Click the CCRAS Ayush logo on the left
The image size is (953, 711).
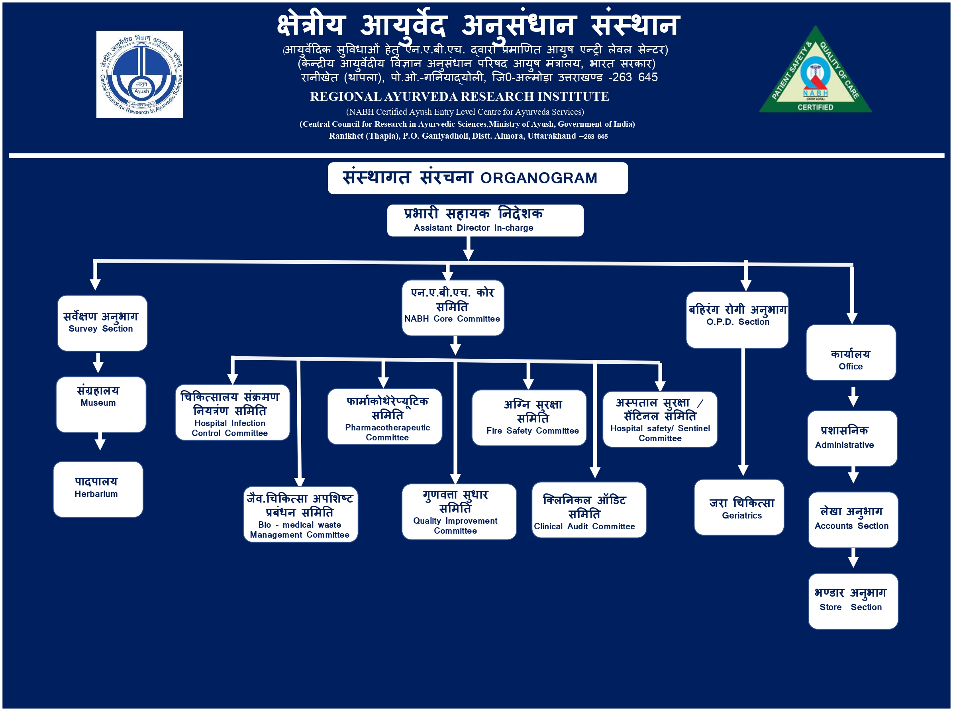[x=139, y=74]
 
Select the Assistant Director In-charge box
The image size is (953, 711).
[x=485, y=220]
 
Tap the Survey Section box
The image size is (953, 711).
[x=102, y=323]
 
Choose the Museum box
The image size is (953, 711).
[x=101, y=404]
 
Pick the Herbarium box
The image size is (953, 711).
[x=98, y=489]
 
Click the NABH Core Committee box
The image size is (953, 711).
[x=452, y=308]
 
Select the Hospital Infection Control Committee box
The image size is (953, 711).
[x=232, y=412]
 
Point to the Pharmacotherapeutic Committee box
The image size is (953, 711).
[x=384, y=416]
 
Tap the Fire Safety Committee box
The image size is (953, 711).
[x=529, y=418]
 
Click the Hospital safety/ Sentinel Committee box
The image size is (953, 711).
[x=660, y=419]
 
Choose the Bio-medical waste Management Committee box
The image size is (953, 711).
[x=300, y=514]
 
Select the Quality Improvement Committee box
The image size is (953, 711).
[x=459, y=511]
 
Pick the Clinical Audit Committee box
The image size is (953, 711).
[x=588, y=510]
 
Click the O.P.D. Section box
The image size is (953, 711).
[x=737, y=320]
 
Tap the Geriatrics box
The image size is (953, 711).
[x=738, y=507]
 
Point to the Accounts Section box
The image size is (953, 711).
[x=852, y=519]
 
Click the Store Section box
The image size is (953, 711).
[x=852, y=601]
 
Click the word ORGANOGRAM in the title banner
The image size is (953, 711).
[x=538, y=178]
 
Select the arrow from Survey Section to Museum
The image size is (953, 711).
[x=98, y=363]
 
